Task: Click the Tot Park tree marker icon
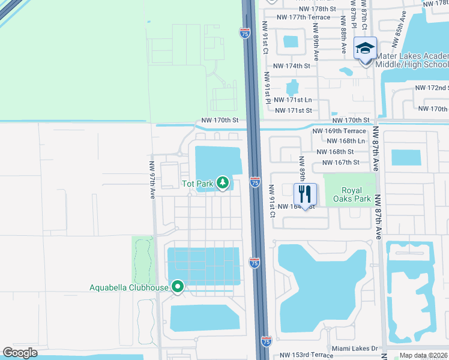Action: pyautogui.click(x=223, y=182)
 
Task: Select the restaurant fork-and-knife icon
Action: pyautogui.click(x=305, y=194)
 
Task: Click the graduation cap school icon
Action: pyautogui.click(x=364, y=48)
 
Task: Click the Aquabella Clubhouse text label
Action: pyautogui.click(x=128, y=287)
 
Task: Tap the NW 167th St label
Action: pyautogui.click(x=340, y=162)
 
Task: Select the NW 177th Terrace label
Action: pyautogui.click(x=304, y=17)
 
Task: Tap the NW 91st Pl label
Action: pyautogui.click(x=267, y=87)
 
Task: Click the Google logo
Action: pyautogui.click(x=20, y=353)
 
